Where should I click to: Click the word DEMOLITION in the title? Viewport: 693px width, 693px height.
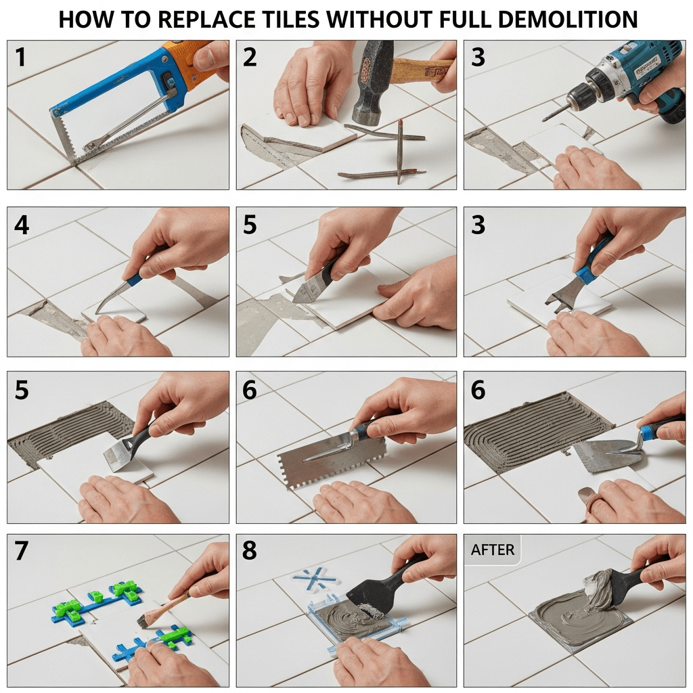point(570,20)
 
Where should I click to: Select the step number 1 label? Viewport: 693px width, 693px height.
point(20,58)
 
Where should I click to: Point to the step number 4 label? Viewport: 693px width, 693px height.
point(22,225)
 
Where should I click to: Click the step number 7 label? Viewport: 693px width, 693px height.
point(22,551)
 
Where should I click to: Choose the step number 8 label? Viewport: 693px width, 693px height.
point(249,551)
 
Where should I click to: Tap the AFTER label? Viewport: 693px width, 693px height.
point(493,550)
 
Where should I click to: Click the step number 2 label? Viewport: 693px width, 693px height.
point(250,58)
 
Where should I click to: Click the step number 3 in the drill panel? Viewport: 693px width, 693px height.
point(478,58)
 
